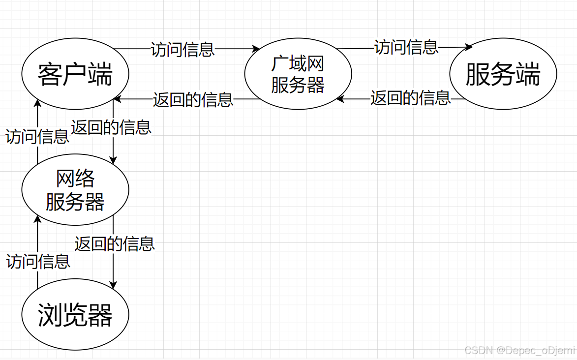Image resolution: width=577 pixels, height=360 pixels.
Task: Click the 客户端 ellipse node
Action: pyautogui.click(x=75, y=74)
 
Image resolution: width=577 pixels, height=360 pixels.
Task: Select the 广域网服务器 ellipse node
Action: pyautogui.click(x=298, y=74)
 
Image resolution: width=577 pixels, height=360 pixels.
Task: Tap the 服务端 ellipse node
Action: pyautogui.click(x=503, y=74)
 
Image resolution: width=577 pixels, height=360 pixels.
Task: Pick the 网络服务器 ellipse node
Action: pyautogui.click(x=75, y=189)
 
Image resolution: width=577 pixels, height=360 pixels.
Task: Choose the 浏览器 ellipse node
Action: pyautogui.click(x=75, y=315)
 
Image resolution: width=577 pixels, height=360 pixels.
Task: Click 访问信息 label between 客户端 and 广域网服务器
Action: pyautogui.click(x=182, y=49)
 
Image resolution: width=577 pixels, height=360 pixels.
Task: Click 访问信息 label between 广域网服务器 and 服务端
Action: pyautogui.click(x=406, y=47)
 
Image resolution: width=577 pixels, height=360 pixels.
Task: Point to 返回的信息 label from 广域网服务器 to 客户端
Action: pyautogui.click(x=193, y=99)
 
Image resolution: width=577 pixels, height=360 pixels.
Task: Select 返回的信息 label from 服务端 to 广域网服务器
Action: pyautogui.click(x=410, y=98)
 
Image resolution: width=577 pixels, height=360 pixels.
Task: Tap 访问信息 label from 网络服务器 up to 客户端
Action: pyautogui.click(x=37, y=136)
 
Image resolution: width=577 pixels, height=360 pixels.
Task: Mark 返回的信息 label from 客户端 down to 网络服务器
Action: pyautogui.click(x=111, y=127)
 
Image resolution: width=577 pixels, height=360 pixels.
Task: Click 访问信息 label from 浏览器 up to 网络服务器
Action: pyautogui.click(x=38, y=261)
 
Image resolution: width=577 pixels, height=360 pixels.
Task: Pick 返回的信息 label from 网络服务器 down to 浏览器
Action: pyautogui.click(x=115, y=243)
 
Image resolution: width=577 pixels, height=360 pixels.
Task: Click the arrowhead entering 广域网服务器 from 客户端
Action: pyautogui.click(x=256, y=49)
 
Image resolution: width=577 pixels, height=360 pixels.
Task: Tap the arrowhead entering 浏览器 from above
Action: pyautogui.click(x=114, y=285)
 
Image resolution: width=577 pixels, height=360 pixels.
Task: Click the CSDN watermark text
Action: pyautogui.click(x=519, y=350)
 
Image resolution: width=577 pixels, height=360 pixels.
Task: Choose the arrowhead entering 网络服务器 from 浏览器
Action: pyautogui.click(x=37, y=218)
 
